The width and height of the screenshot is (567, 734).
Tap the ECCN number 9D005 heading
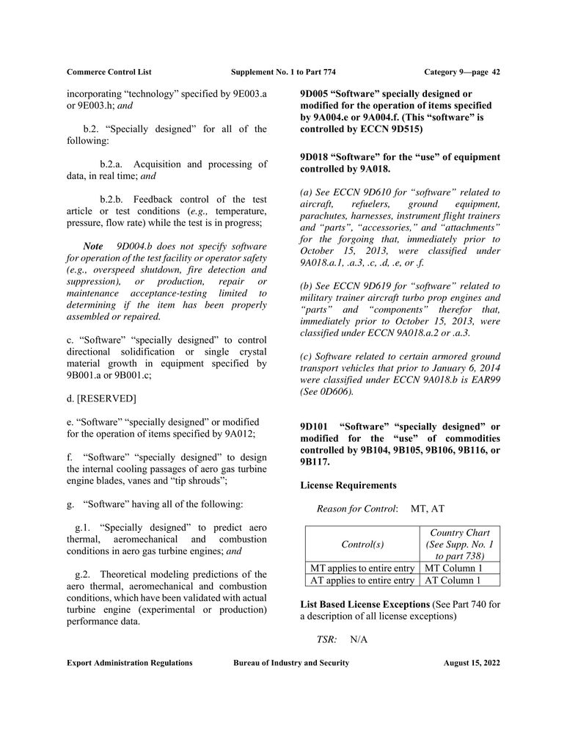(x=315, y=94)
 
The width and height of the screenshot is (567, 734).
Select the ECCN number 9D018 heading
(x=315, y=157)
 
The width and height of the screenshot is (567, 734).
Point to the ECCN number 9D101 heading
(x=315, y=427)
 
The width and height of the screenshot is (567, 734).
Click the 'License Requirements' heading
(x=348, y=485)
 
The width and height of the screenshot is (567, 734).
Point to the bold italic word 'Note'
(x=93, y=246)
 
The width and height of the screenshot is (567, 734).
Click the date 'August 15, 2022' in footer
(x=472, y=663)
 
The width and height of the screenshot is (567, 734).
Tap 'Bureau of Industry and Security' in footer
(x=291, y=663)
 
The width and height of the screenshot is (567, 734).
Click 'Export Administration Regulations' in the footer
(x=129, y=663)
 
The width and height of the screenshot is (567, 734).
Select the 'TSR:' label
(x=326, y=639)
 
